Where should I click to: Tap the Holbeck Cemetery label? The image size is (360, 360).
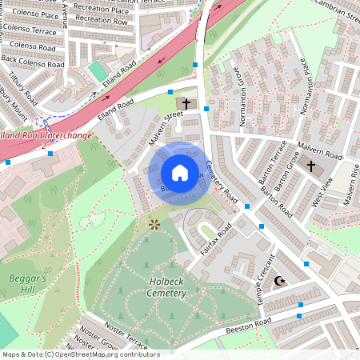pos(156,287)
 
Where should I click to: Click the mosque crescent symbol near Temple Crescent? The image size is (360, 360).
pos(279,282)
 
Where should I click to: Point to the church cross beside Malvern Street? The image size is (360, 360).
pos(186,104)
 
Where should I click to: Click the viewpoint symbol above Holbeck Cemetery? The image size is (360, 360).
pos(153,226)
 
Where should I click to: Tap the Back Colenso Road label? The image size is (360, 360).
pos(32,61)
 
